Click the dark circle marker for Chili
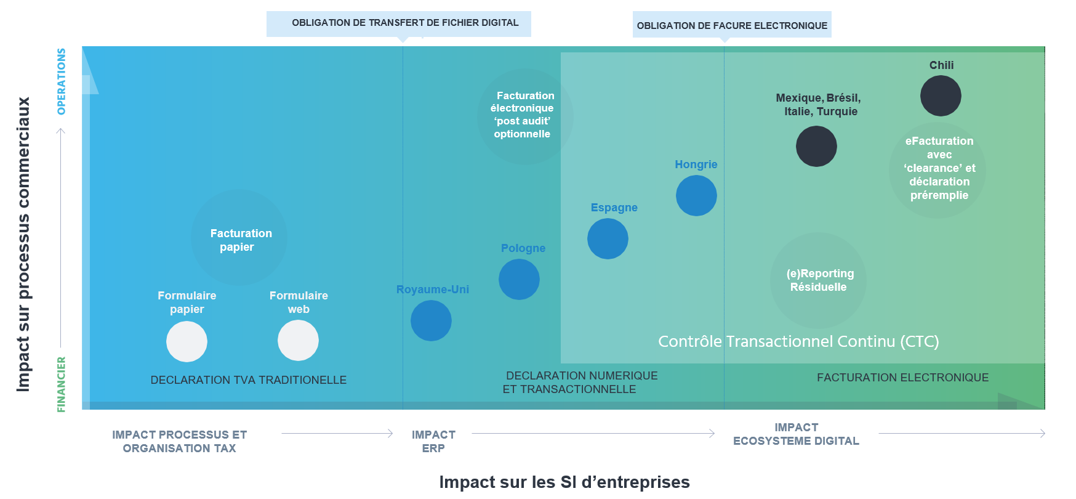[x=941, y=96]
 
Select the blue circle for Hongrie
[x=696, y=196]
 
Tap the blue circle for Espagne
[x=608, y=239]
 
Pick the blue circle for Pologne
[x=519, y=280]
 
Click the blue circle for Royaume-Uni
[x=431, y=321]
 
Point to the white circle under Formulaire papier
[x=187, y=342]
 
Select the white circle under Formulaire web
[x=298, y=341]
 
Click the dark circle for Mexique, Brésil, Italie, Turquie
[x=816, y=147]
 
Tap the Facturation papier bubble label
[x=240, y=240]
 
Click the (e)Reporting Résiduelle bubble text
[x=819, y=280]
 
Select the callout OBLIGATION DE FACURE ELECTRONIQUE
[x=732, y=25]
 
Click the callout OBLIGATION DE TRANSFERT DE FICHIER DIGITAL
[x=405, y=23]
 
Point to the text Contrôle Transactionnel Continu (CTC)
[x=798, y=341]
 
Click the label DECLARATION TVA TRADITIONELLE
[x=248, y=380]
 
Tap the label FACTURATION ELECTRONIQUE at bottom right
[x=902, y=378]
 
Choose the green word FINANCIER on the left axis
[x=61, y=384]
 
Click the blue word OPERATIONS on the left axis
[x=61, y=81]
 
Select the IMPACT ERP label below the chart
[x=433, y=441]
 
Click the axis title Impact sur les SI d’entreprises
[x=564, y=482]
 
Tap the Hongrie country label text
[x=696, y=164]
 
